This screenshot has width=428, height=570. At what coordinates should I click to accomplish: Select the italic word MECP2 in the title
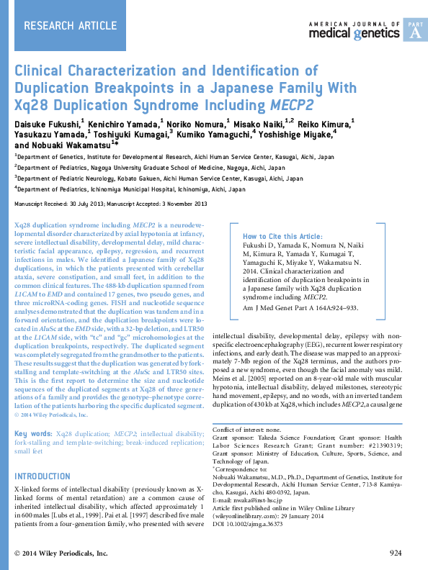click(293, 104)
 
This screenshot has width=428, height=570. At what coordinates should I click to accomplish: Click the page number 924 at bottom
click(395, 553)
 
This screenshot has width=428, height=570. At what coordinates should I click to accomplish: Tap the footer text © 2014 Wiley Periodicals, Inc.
click(61, 553)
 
